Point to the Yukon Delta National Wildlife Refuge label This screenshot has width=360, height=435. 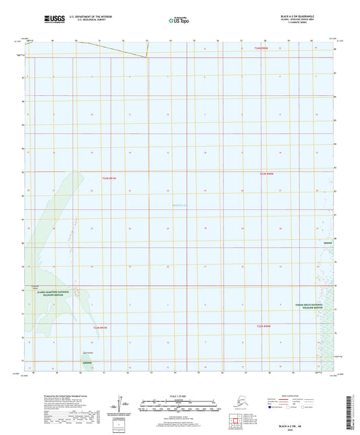307,307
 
